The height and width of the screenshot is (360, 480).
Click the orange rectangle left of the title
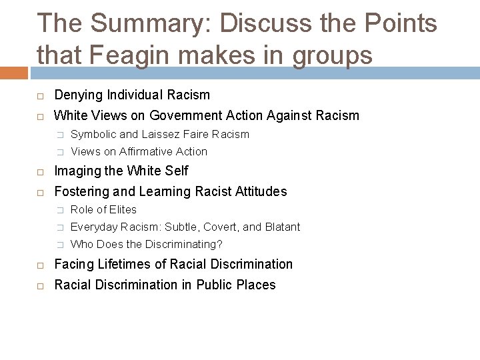click(x=13, y=71)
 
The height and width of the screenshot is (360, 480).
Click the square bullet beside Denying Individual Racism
click(x=40, y=95)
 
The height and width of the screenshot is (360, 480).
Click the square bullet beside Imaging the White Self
click(x=40, y=171)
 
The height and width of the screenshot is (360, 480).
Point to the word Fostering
click(x=80, y=192)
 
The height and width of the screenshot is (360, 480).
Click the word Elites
click(x=123, y=209)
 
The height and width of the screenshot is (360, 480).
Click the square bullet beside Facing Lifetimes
click(x=40, y=265)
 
